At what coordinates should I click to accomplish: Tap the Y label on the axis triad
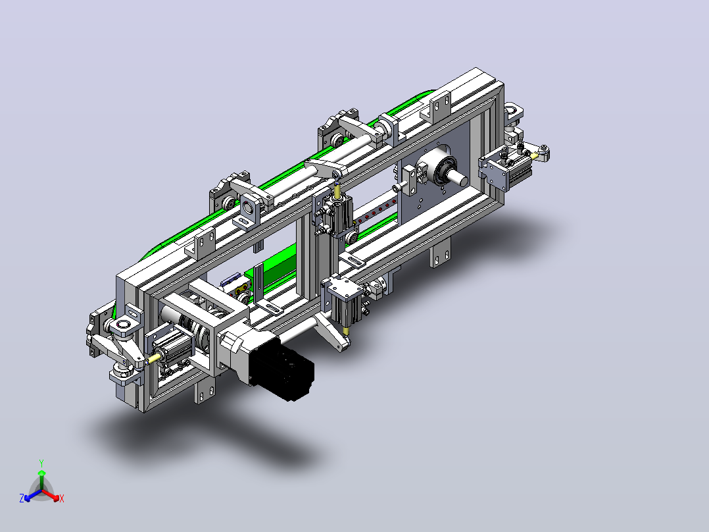[x=41, y=463]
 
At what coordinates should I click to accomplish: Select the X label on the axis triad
[x=62, y=498]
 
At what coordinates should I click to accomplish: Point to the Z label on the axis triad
[x=22, y=498]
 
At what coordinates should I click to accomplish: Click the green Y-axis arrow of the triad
[x=41, y=479]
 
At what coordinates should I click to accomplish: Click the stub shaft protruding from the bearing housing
[x=458, y=177]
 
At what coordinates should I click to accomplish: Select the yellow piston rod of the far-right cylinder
[x=535, y=156]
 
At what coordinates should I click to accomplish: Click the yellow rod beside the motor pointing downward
[x=346, y=331]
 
